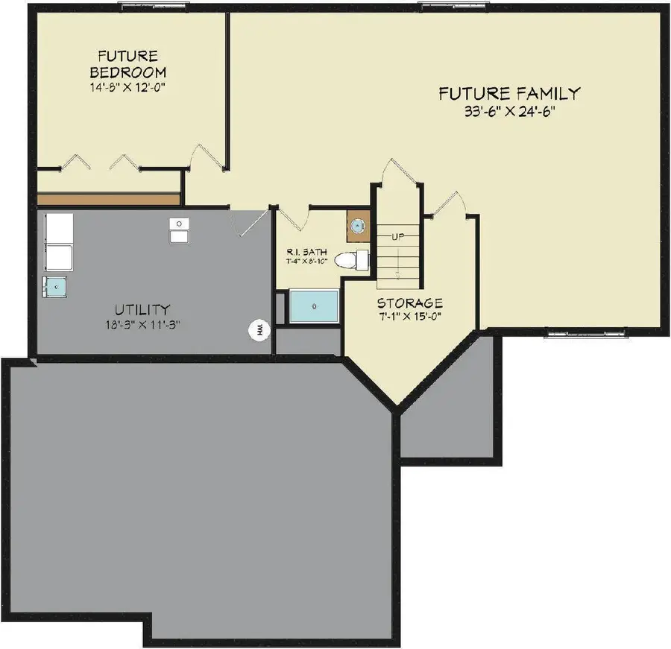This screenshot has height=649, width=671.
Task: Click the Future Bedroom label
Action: pyautogui.click(x=127, y=64)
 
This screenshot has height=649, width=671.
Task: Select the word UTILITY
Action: pyautogui.click(x=142, y=309)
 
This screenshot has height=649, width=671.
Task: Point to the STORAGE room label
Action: pyautogui.click(x=409, y=303)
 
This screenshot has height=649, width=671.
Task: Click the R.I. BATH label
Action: pyautogui.click(x=306, y=252)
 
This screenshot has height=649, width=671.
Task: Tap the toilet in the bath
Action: pyautogui.click(x=351, y=260)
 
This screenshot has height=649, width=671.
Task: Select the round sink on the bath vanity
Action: pyautogui.click(x=358, y=226)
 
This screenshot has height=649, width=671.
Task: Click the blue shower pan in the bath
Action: pyautogui.click(x=314, y=306)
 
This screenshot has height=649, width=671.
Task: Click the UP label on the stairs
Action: pyautogui.click(x=397, y=236)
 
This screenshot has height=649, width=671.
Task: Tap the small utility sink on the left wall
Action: pyautogui.click(x=55, y=285)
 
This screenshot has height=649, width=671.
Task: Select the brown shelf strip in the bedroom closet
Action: pyautogui.click(x=109, y=200)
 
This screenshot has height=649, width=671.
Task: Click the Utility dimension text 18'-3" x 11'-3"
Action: pyautogui.click(x=142, y=325)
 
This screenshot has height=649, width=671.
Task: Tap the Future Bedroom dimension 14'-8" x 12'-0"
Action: pyautogui.click(x=127, y=86)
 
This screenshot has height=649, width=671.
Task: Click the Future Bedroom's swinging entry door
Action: pyautogui.click(x=206, y=155)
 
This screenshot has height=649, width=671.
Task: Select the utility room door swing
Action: pyautogui.click(x=249, y=222)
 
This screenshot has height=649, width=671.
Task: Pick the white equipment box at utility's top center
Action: pyautogui.click(x=178, y=230)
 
